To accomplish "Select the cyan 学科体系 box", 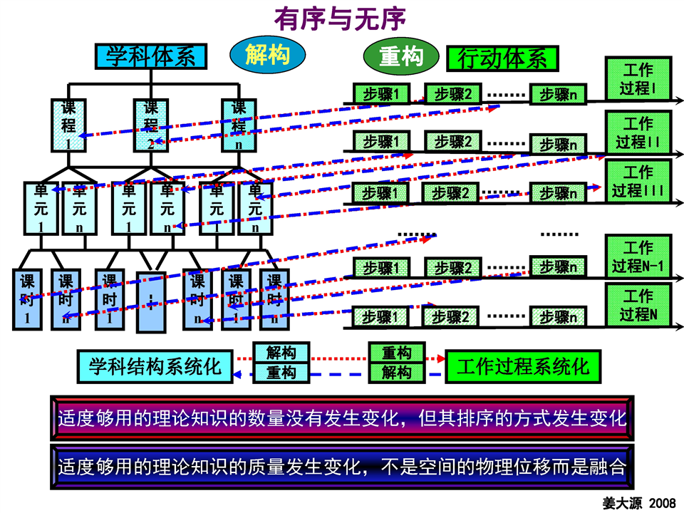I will [x=151, y=56].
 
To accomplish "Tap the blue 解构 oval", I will [x=267, y=54].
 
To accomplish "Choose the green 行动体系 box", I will [x=502, y=58].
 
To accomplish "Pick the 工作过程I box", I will [x=638, y=79].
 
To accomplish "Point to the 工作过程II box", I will [x=638, y=133].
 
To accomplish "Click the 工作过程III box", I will [x=638, y=182].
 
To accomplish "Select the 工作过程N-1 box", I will [x=638, y=256].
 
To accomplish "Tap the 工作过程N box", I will [x=638, y=305].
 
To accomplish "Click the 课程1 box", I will [x=68, y=125].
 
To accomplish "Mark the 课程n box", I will [x=239, y=125].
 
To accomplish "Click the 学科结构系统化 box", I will [x=155, y=366].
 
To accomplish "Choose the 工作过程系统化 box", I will [x=522, y=366].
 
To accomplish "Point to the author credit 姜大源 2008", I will [x=639, y=502].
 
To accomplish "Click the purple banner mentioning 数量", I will [x=342, y=418].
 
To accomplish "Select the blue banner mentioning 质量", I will [x=342, y=467].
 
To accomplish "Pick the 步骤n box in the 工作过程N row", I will [x=559, y=316].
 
